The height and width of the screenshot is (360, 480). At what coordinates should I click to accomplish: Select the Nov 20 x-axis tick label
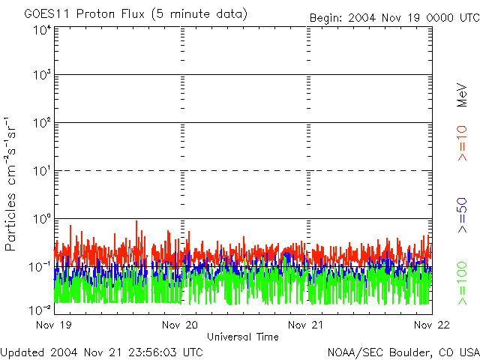(x=181, y=325)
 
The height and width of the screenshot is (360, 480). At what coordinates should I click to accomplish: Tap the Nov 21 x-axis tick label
(x=307, y=325)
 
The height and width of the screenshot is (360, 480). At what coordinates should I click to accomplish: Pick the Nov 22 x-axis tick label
(x=432, y=325)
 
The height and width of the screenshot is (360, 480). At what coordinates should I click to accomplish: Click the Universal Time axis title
(x=243, y=337)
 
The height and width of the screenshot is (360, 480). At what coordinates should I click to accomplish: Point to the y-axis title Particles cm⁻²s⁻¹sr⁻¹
(x=12, y=183)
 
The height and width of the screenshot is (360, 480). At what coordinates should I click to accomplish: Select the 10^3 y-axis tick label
(x=42, y=76)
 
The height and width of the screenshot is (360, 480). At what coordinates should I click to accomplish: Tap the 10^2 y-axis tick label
(x=42, y=124)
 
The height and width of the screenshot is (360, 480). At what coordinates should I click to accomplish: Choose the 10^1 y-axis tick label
(x=42, y=172)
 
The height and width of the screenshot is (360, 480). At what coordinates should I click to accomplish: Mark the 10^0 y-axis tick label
(x=42, y=220)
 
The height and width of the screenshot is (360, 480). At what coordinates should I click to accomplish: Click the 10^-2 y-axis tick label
(x=40, y=309)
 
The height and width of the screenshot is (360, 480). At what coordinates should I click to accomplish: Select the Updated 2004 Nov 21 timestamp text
(x=101, y=351)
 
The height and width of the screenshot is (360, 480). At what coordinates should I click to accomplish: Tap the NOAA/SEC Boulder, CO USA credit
(x=403, y=351)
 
